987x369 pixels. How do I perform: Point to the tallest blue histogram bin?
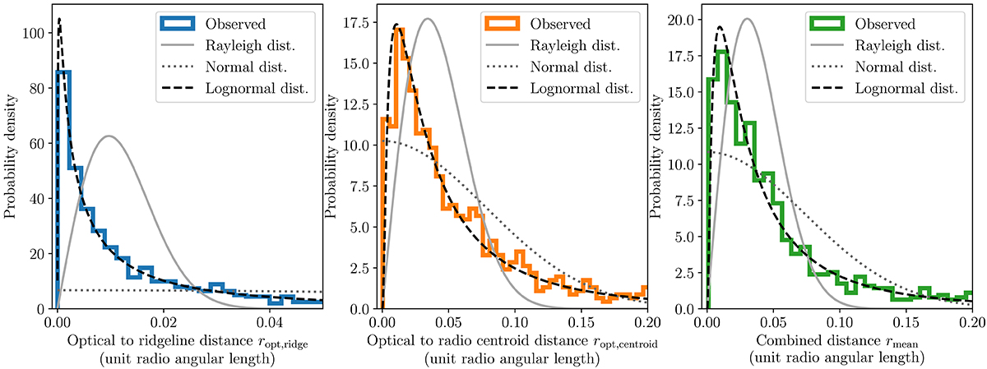tap(63, 72)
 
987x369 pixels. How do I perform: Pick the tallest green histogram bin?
tap(723, 53)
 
